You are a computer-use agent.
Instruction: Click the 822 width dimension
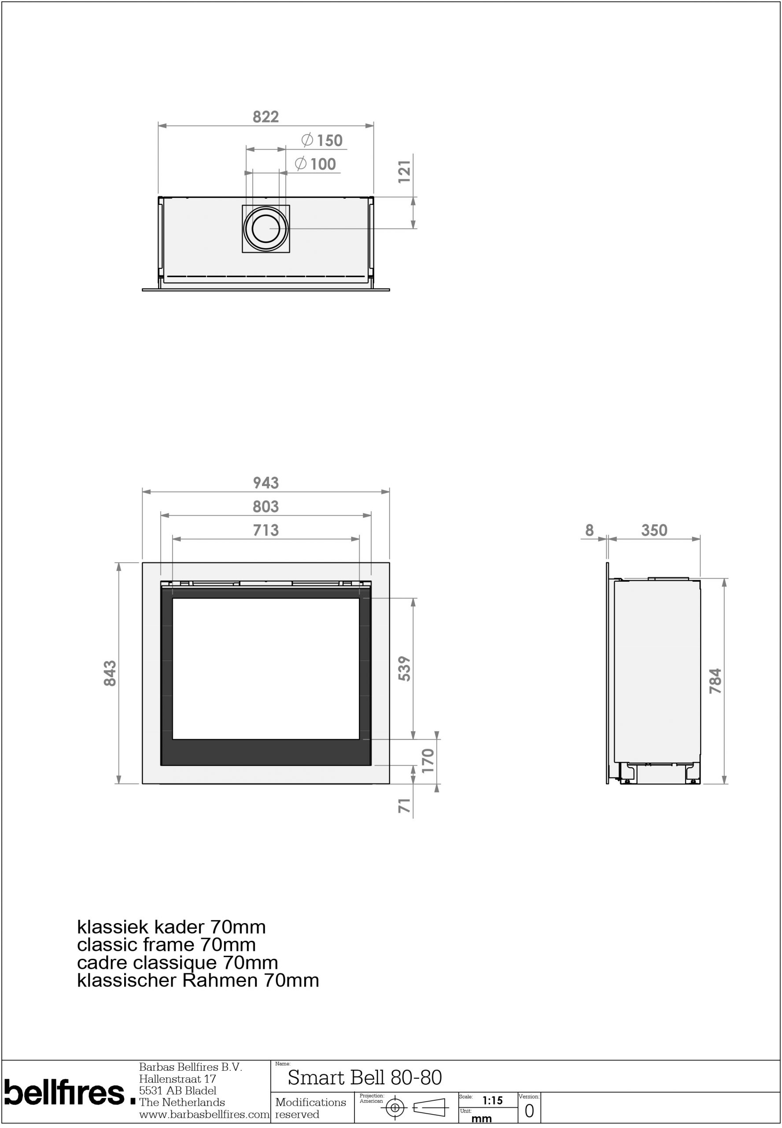click(x=266, y=117)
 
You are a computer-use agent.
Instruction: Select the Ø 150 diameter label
click(x=322, y=141)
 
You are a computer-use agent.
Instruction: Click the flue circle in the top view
click(x=266, y=228)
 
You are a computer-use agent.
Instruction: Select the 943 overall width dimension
click(x=266, y=483)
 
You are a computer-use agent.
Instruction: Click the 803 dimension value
click(x=266, y=506)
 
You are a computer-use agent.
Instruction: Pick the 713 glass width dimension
click(x=266, y=530)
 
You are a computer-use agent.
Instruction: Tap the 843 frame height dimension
click(x=110, y=673)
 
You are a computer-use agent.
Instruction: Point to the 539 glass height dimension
click(x=404, y=669)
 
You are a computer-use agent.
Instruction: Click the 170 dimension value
click(x=428, y=761)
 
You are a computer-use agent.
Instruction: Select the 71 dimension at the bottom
click(x=404, y=805)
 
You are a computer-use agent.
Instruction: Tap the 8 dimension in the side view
click(x=589, y=530)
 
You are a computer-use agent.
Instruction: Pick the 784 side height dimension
click(x=716, y=681)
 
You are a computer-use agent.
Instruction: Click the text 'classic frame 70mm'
click(x=166, y=945)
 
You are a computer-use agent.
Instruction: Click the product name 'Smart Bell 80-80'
click(x=365, y=1077)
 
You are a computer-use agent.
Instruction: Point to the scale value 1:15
click(x=492, y=1101)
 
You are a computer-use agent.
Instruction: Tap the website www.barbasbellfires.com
click(x=204, y=1114)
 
